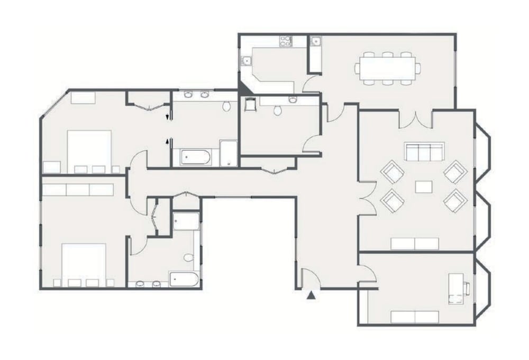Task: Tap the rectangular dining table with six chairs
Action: point(388,68)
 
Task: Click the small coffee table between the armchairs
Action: point(424,187)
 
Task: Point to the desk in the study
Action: point(454,288)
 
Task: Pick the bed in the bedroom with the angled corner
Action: point(90,148)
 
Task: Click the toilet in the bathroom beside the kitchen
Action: point(277,110)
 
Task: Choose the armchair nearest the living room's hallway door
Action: point(392,199)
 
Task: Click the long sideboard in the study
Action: point(415,317)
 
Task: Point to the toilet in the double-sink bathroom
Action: point(227,106)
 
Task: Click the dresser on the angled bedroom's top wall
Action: point(83,97)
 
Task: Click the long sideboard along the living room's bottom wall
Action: point(415,243)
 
